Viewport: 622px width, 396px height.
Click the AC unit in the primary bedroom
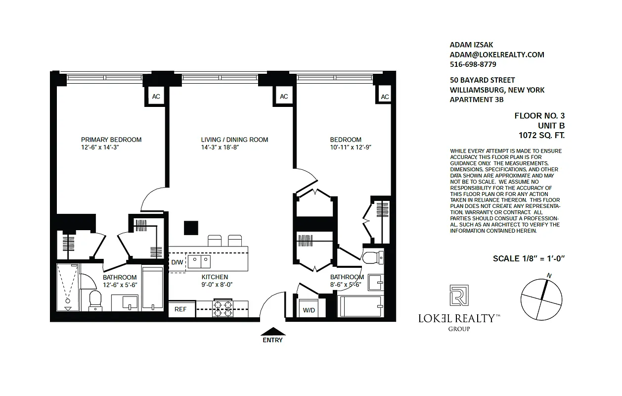click(156, 97)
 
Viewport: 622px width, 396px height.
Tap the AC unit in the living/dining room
click(284, 96)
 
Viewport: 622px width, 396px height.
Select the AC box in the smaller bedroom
click(385, 97)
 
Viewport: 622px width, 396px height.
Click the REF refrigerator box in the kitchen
click(180, 309)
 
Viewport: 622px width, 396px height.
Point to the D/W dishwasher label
click(177, 262)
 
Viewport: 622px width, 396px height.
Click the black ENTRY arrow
click(272, 331)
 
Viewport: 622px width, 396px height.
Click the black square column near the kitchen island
click(191, 228)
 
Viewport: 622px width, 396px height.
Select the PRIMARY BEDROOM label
click(111, 140)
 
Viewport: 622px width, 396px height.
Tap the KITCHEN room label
click(215, 277)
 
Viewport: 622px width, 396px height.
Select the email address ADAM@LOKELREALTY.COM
click(497, 54)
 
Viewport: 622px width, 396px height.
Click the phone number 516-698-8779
click(473, 64)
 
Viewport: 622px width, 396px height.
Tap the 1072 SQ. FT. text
click(541, 135)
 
